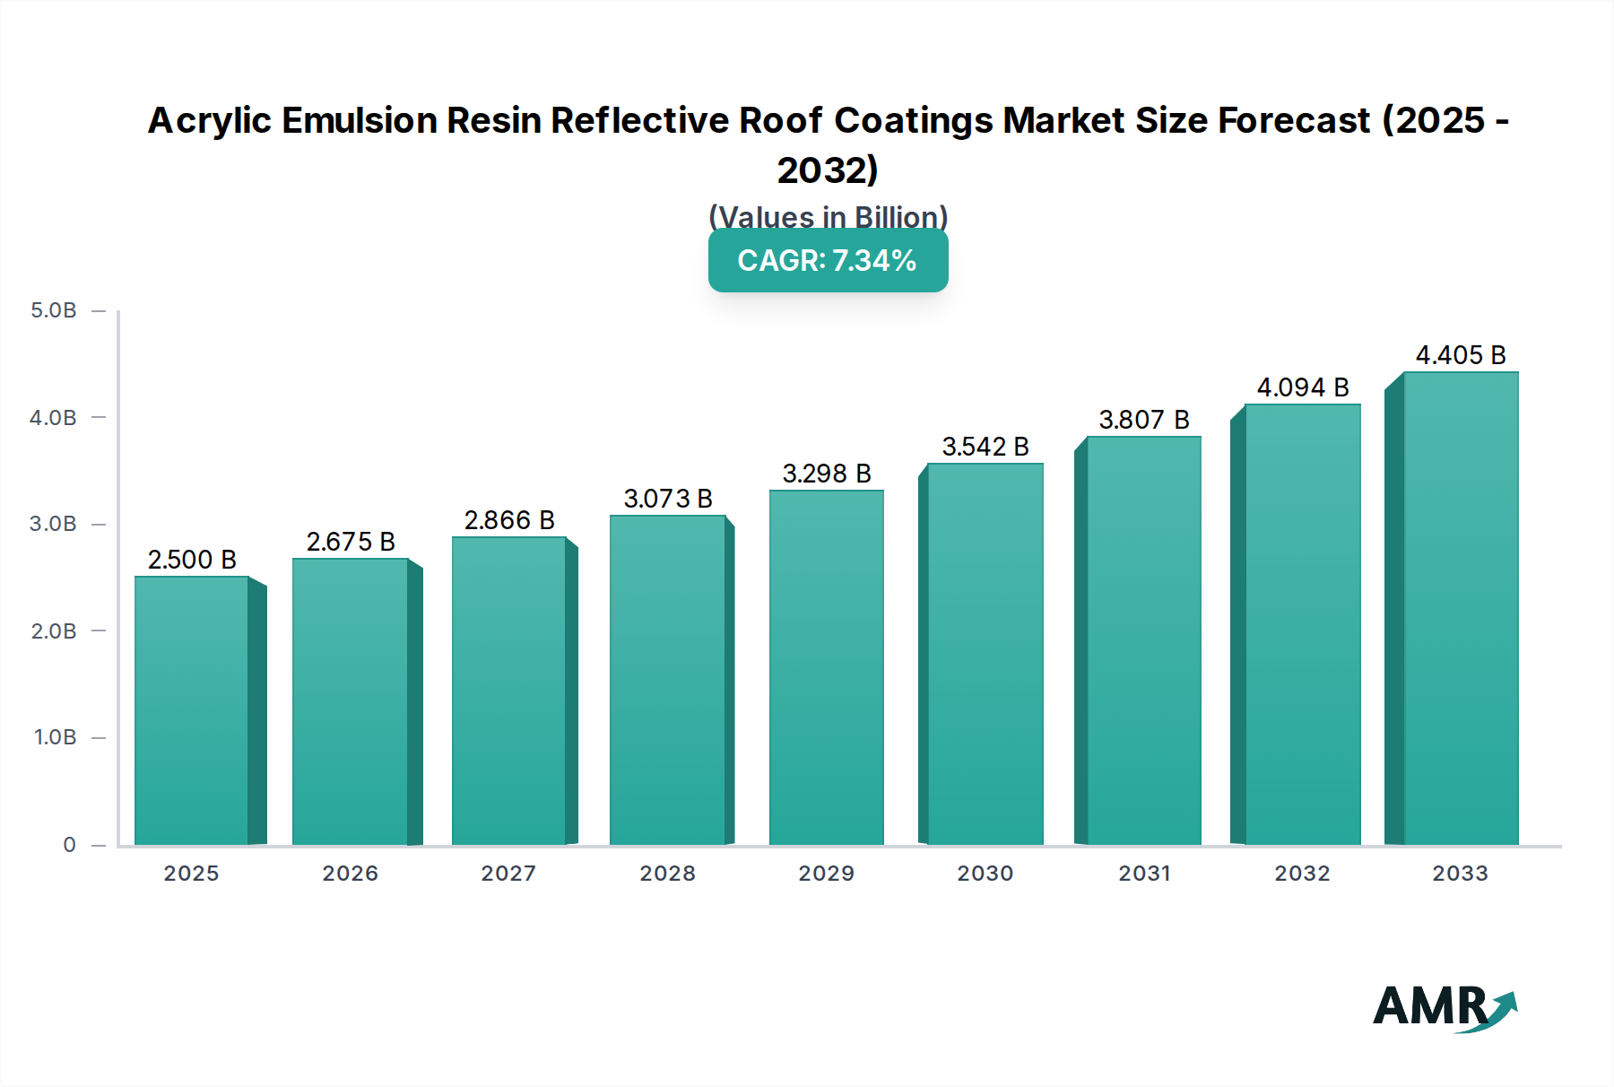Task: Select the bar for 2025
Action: pos(191,710)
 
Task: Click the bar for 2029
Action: pos(826,668)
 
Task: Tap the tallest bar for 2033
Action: pos(1461,608)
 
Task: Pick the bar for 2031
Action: pos(1143,640)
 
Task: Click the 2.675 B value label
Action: pos(351,542)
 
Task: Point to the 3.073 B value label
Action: pos(668,499)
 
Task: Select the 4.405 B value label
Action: pos(1461,355)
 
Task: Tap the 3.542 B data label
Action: pos(985,447)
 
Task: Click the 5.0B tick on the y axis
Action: pos(54,310)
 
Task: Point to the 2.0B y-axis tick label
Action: pos(54,631)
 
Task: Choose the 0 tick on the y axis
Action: pos(69,845)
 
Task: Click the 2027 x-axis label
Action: pos(508,874)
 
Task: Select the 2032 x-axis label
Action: pos(1302,874)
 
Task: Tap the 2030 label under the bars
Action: pos(985,874)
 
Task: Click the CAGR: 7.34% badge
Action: pos(828,260)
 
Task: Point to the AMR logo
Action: pos(1444,1006)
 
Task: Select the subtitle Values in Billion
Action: pos(828,217)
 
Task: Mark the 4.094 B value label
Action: pos(1303,387)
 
